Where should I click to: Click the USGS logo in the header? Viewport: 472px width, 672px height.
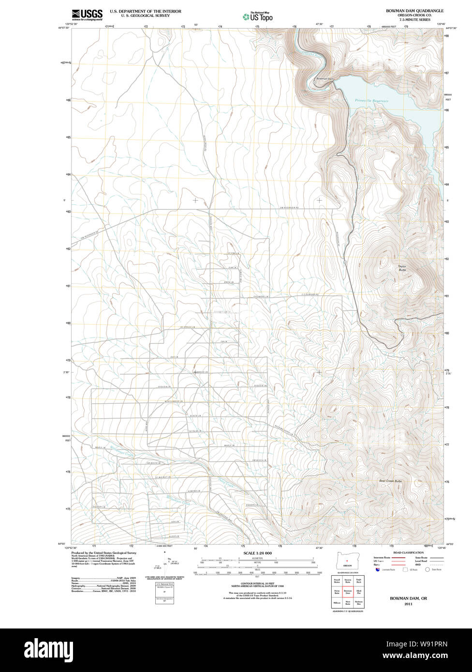click(x=87, y=15)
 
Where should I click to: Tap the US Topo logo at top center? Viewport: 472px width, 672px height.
click(x=258, y=17)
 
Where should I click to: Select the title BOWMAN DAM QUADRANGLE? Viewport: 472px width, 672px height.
click(x=414, y=11)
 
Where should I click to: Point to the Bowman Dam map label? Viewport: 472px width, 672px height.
click(x=325, y=79)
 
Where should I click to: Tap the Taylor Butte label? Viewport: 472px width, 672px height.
click(x=402, y=268)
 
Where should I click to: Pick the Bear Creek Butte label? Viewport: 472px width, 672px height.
click(x=390, y=481)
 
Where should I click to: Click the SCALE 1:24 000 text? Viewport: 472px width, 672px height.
click(x=257, y=553)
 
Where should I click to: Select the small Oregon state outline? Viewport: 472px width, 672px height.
click(x=347, y=561)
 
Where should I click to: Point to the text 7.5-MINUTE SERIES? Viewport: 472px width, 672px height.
click(x=414, y=19)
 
